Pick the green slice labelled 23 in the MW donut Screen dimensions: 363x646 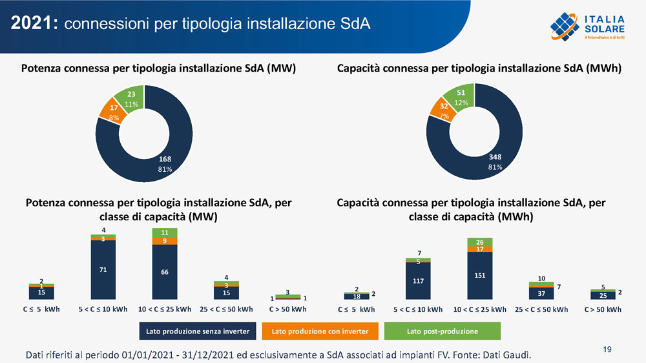point(130,99)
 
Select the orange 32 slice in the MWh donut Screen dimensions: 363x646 point(443,111)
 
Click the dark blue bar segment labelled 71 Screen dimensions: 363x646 point(103,269)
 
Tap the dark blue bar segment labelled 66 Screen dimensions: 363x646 point(165,272)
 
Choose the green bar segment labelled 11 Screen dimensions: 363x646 point(165,232)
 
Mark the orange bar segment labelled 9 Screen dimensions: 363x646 point(165,241)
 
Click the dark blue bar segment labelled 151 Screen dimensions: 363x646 point(480,276)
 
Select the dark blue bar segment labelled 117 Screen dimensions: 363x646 point(418,281)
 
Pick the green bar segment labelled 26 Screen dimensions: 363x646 point(480,242)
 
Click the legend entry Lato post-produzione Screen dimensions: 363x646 point(443,331)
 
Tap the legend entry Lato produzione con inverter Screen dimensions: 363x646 point(320,331)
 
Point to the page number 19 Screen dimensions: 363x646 point(607,349)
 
